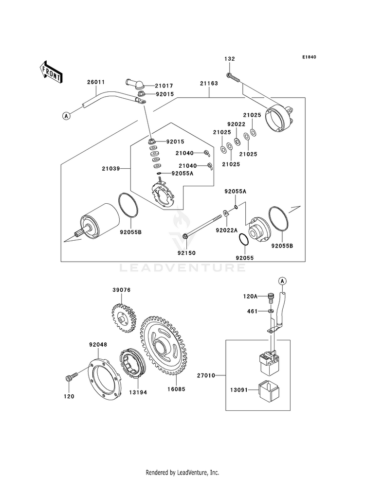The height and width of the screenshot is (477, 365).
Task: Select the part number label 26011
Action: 96,82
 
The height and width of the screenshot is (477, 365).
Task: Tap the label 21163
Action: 208,84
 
